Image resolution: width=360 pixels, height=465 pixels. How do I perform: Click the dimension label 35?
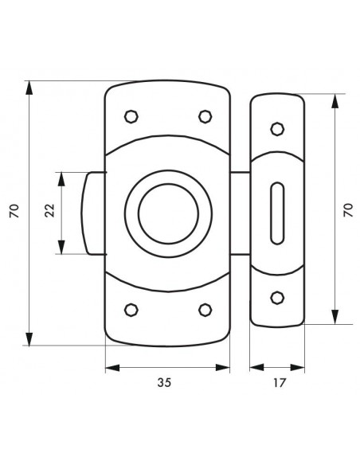[x=164, y=382]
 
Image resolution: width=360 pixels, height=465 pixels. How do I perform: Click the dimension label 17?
[x=279, y=383]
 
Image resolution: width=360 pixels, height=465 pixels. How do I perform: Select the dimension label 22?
[x=50, y=210]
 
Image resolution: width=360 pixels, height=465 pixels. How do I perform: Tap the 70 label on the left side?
[x=14, y=211]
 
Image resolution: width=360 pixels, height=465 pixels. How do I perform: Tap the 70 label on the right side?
[x=348, y=210]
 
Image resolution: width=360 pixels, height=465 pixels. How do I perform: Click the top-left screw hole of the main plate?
[x=131, y=116]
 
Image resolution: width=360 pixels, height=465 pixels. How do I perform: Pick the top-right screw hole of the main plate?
[x=205, y=116]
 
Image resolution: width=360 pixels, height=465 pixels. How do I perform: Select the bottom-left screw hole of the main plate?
[x=131, y=310]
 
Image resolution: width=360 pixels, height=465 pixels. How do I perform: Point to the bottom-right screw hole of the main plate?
[x=205, y=310]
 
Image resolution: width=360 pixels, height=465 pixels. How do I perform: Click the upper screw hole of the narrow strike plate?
[x=277, y=129]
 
